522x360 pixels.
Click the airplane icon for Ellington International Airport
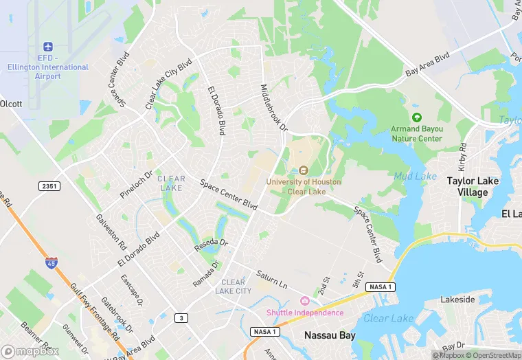coord(48,46)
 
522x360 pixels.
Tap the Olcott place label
coord(11,104)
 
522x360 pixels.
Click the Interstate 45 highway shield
coord(52,262)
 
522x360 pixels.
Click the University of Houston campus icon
coord(304,170)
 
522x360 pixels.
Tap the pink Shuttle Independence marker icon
coord(305,301)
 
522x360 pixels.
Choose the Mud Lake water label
coord(415,177)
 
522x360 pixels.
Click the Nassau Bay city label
coord(330,336)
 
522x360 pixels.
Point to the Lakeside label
coord(457,300)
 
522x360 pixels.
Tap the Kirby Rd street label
coord(463,157)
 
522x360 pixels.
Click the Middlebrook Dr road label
coord(273,109)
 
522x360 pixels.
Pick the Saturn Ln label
coord(271,280)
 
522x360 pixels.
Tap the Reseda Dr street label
coord(211,245)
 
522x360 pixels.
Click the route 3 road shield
coord(181,317)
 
